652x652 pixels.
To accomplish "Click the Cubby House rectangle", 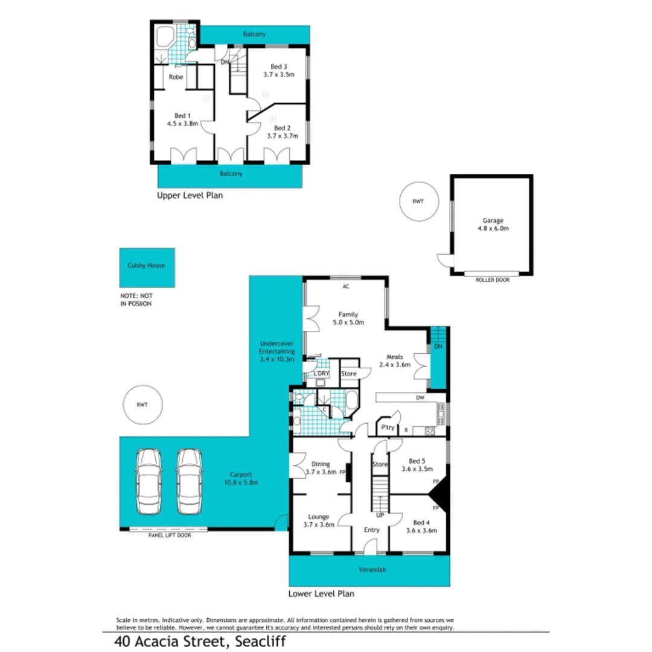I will click(147, 267).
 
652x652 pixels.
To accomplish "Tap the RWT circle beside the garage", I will click(417, 202).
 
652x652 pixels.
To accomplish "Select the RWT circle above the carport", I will click(142, 405).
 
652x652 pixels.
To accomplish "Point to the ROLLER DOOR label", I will click(491, 280).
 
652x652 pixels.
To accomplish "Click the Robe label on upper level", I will click(176, 77).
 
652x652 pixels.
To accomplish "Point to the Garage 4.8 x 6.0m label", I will click(493, 225).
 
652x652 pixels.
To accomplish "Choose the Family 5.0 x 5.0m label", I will click(348, 318).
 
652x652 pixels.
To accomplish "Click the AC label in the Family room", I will click(346, 287).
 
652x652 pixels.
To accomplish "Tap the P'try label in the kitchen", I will click(386, 428).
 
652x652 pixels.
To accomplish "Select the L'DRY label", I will click(321, 374).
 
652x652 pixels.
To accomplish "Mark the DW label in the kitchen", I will click(420, 398).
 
